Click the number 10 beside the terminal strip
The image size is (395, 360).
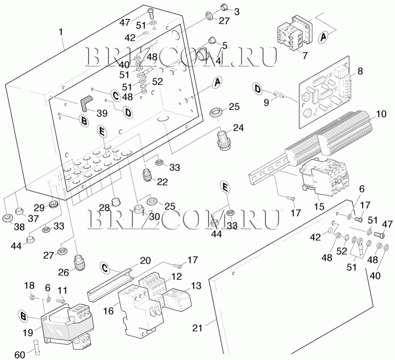coord(381,114)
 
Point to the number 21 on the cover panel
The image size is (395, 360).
coord(198,328)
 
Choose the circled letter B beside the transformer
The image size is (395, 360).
coord(25,316)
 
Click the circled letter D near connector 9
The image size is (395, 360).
coord(258,89)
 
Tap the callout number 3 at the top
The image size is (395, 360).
coord(237,12)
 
